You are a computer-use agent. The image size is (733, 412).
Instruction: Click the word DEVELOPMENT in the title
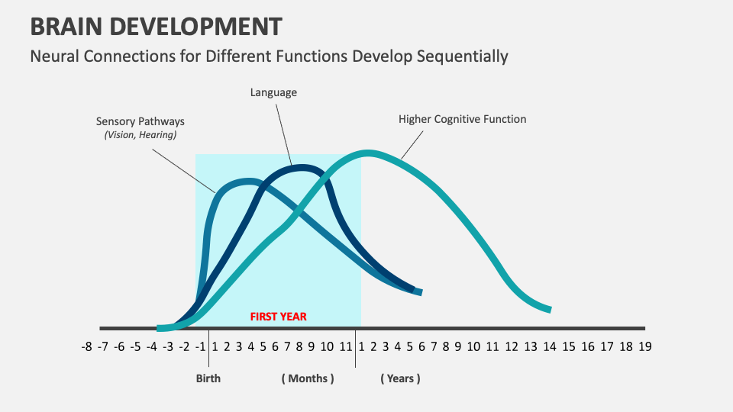pos(200,27)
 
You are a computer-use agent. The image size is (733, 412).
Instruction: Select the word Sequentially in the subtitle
pos(462,56)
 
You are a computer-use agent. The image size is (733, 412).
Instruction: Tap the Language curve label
pos(273,92)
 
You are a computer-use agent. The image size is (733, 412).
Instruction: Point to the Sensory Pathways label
pos(140,121)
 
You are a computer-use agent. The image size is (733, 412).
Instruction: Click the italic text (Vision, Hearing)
pos(140,135)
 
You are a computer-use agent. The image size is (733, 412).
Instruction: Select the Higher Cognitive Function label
pos(462,119)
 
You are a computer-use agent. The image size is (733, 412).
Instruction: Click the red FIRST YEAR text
pos(279,316)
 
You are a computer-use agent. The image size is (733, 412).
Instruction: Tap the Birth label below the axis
pos(208,378)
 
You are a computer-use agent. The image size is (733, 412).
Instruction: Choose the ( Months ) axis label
pos(307,378)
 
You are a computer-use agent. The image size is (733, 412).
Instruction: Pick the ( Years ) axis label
pos(400,378)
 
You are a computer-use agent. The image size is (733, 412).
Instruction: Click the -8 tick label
pos(86,346)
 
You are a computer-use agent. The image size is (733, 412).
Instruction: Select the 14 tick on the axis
pos(549,346)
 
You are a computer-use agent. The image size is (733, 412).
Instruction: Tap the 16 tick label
pos(587,346)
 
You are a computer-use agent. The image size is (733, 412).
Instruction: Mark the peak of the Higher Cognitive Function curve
pos(368,153)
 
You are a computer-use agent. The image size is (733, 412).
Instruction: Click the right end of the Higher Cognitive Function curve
pos(548,310)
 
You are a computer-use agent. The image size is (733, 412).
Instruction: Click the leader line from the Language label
pos(283,134)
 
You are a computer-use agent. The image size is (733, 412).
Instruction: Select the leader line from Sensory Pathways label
pos(183,169)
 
